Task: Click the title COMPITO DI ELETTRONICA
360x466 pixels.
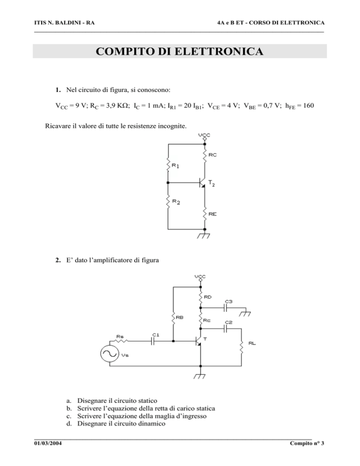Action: click(x=180, y=51)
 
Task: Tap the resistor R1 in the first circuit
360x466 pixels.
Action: click(x=168, y=165)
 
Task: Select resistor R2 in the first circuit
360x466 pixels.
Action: click(x=168, y=202)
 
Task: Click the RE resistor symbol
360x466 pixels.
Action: click(x=204, y=214)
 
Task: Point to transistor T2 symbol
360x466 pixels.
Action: click(x=202, y=182)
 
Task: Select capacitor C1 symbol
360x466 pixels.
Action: click(x=153, y=341)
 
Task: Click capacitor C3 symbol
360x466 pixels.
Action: click(x=225, y=308)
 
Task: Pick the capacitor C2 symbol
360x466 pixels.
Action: click(x=225, y=329)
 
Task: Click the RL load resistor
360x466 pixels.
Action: click(x=241, y=347)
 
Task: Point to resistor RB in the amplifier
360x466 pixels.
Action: click(x=173, y=319)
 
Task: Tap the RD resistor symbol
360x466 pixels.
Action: click(x=201, y=297)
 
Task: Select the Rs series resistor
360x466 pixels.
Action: click(x=121, y=341)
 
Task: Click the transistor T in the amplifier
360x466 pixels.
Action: click(x=198, y=341)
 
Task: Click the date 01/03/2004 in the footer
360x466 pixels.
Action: click(x=48, y=443)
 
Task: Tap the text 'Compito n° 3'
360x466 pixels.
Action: click(x=307, y=443)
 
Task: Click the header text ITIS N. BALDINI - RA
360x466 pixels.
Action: click(x=65, y=23)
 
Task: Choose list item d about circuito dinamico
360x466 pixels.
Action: click(x=116, y=423)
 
